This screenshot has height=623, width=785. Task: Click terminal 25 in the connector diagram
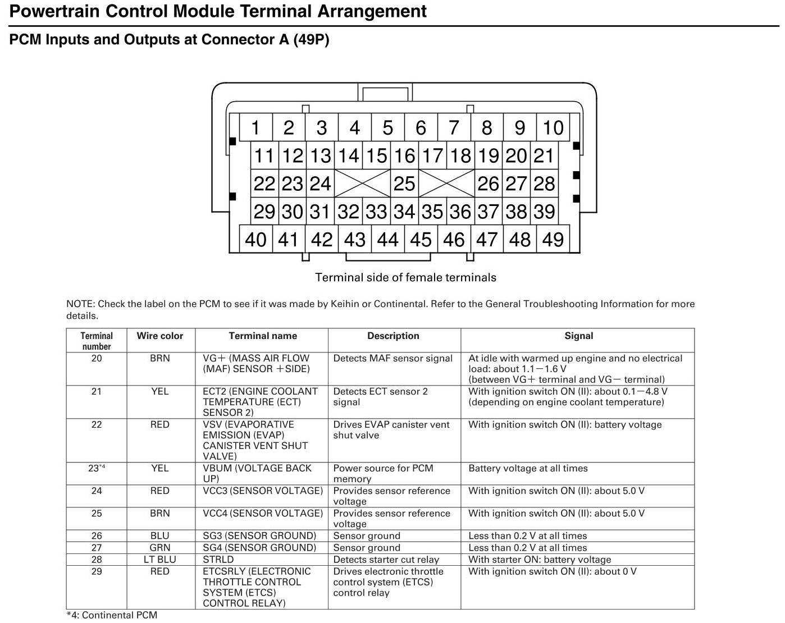tap(404, 184)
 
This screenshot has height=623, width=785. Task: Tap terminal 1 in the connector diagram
tap(255, 128)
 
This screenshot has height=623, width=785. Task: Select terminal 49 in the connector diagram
tap(553, 240)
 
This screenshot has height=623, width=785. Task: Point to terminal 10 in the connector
tap(553, 128)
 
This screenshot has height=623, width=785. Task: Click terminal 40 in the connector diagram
tap(255, 240)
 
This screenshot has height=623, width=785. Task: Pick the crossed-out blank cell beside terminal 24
tap(362, 184)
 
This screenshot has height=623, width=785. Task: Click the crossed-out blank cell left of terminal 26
tap(446, 184)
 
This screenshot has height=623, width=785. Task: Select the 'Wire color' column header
tap(160, 336)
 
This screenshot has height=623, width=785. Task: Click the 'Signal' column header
tap(578, 336)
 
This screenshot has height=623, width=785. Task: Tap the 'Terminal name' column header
tap(263, 336)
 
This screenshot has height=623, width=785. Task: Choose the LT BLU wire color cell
tap(160, 560)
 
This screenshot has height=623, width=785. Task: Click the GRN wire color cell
tap(160, 548)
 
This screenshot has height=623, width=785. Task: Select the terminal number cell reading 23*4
tap(97, 468)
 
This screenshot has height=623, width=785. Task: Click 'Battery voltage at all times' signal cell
tap(528, 468)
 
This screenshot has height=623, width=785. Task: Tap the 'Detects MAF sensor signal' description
tap(392, 359)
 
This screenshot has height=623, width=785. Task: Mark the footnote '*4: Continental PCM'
tap(112, 615)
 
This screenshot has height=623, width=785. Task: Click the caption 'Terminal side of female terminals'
tap(405, 277)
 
